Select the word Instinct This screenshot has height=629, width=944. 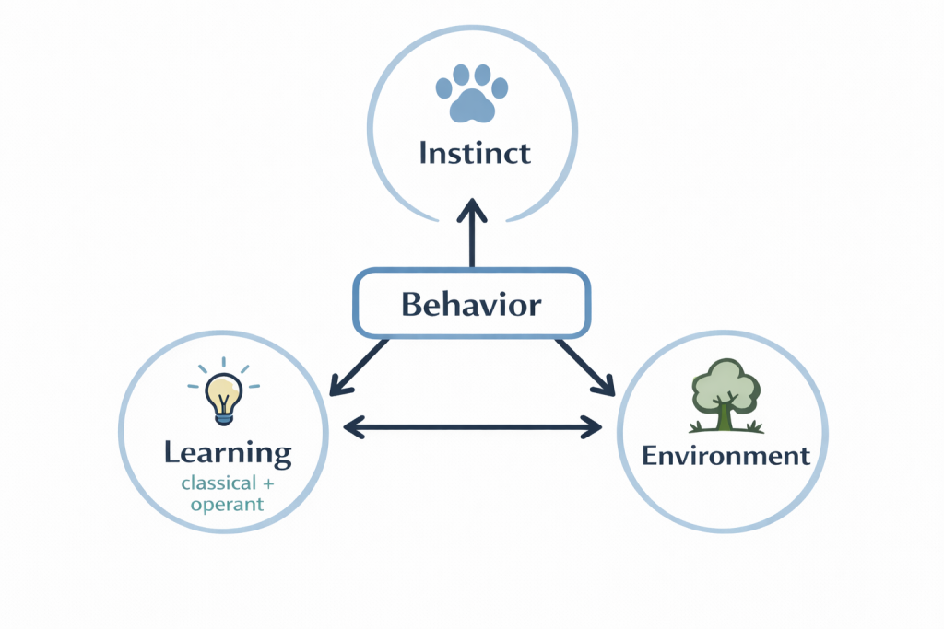point(474,152)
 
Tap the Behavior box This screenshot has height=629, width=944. point(470,303)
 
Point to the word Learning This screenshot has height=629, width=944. point(228,452)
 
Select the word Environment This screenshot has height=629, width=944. point(726,455)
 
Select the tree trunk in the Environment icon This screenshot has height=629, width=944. point(725,414)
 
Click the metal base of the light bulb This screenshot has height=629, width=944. point(223,416)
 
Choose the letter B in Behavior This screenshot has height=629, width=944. point(411,304)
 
